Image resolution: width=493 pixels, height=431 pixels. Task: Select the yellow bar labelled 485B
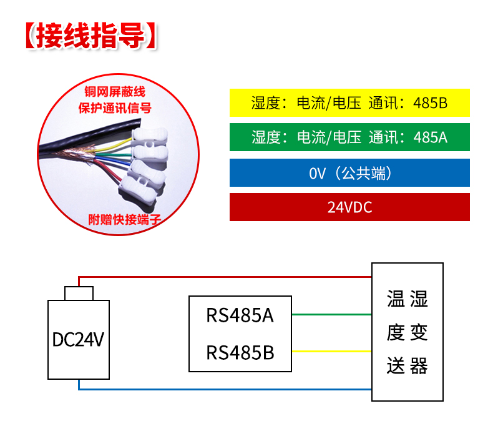pos(349,102)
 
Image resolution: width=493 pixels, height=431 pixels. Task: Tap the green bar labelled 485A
pos(349,137)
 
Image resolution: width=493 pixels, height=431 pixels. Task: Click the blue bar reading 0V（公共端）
pos(349,172)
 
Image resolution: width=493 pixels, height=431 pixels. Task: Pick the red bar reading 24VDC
pos(349,207)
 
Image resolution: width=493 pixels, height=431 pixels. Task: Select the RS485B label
pos(240,353)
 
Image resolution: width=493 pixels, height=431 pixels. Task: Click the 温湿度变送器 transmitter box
pos(408,332)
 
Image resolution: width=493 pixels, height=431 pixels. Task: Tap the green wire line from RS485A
pos(331,314)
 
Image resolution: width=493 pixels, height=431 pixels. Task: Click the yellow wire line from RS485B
pos(331,351)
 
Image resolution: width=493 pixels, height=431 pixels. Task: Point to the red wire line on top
pos(225,276)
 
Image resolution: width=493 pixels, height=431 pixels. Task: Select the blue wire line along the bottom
pos(225,389)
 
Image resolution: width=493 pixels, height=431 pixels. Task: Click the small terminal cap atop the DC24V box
pos(79,293)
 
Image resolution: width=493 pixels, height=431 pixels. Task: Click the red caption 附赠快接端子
pos(118,220)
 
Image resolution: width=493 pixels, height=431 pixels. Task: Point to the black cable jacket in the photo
pos(69,151)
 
